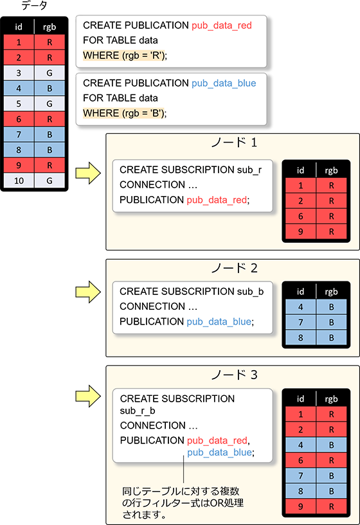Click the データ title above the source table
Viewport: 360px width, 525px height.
(x=34, y=5)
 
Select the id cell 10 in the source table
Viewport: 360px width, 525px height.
(x=19, y=181)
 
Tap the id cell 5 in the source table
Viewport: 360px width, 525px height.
(x=19, y=104)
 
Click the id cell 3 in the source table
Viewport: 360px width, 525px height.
(x=19, y=73)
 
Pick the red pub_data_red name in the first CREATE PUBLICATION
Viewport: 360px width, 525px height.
(x=222, y=26)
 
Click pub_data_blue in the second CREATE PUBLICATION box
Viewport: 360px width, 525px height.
(x=224, y=84)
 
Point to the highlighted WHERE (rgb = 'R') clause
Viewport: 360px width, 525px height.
(x=125, y=55)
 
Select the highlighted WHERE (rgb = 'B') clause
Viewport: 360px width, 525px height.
(x=125, y=113)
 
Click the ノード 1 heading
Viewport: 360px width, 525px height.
(x=234, y=143)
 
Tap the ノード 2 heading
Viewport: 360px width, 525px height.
(x=234, y=268)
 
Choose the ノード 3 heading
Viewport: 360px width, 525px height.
(x=234, y=375)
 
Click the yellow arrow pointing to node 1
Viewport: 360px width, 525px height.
(x=88, y=173)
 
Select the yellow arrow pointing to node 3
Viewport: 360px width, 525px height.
(x=88, y=396)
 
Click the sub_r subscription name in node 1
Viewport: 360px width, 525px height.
(x=249, y=170)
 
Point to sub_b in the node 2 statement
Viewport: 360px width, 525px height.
(x=250, y=292)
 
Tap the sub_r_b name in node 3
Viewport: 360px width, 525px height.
(x=138, y=411)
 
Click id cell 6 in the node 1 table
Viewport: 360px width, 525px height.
(x=301, y=217)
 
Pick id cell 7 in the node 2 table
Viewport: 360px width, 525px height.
(x=301, y=323)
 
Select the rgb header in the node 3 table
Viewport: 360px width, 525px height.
(x=331, y=399)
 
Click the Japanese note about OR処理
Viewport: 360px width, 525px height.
(x=183, y=503)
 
